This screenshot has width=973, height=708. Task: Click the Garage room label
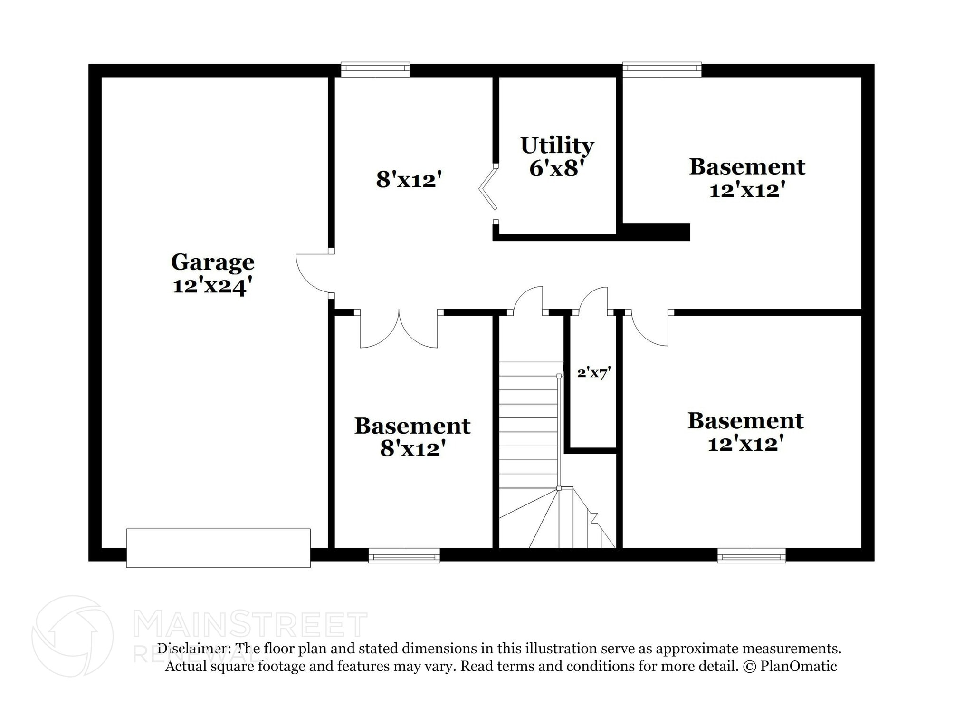click(x=213, y=263)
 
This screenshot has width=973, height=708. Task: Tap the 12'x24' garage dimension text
click(x=212, y=287)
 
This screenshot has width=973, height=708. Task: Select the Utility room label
click(x=557, y=146)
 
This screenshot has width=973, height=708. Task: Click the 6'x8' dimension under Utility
click(x=556, y=168)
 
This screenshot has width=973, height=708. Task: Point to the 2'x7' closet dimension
click(x=594, y=373)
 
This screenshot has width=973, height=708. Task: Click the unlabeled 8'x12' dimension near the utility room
click(x=409, y=180)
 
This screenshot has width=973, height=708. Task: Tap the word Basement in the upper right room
click(x=747, y=167)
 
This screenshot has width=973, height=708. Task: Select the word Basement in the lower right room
click(x=745, y=421)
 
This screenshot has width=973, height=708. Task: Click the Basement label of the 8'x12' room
click(x=412, y=426)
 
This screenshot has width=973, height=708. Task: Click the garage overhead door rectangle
click(x=219, y=548)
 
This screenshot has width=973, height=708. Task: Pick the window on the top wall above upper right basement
click(x=662, y=69)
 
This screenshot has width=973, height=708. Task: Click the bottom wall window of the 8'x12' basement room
click(x=404, y=555)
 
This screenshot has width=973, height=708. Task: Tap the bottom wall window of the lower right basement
click(x=752, y=555)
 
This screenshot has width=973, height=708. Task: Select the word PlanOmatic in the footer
click(x=799, y=666)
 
